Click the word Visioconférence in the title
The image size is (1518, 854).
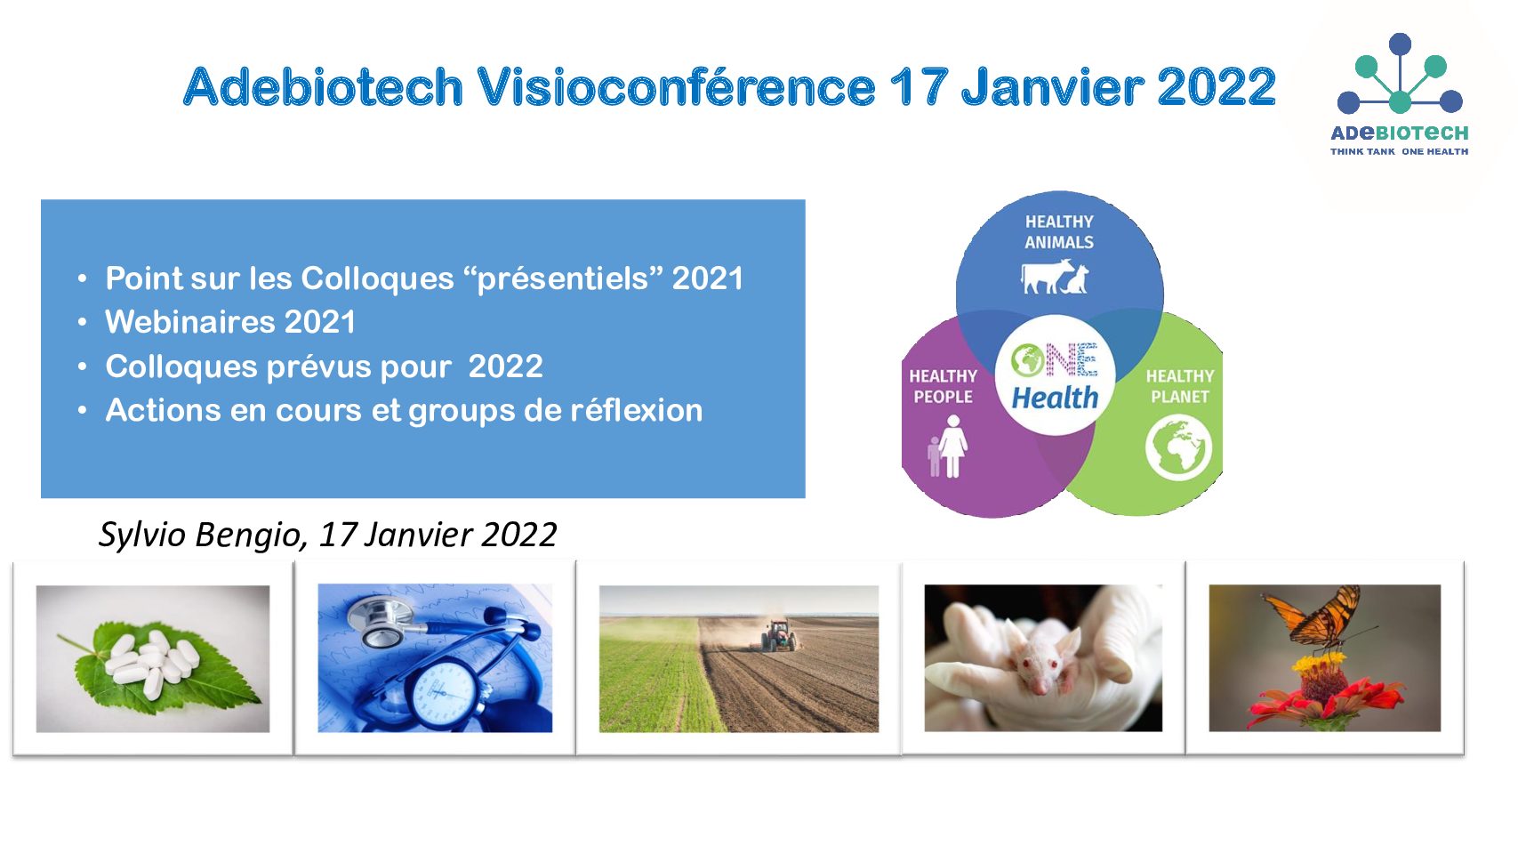pos(677,87)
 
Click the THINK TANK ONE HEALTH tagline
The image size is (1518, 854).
pos(1400,152)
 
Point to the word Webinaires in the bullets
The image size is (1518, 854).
pos(189,322)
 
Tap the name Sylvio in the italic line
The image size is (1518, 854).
pos(142,535)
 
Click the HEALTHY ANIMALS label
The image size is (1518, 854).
pos(1059,232)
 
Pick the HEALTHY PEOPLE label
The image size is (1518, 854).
pos(943,386)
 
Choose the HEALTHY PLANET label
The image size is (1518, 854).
pos(1180,386)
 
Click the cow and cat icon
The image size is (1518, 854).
pos(1056,278)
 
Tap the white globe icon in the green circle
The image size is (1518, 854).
pos(1178,448)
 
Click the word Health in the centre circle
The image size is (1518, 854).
pos(1055,398)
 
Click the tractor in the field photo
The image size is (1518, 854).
pos(779,636)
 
